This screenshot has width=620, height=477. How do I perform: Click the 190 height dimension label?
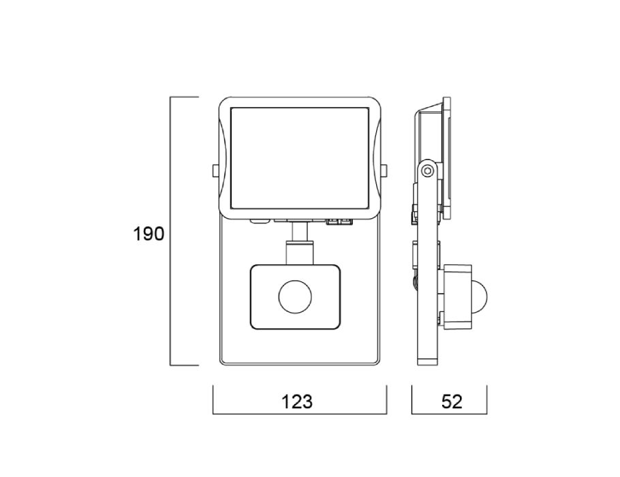(x=149, y=234)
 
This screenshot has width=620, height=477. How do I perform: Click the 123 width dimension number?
(x=296, y=401)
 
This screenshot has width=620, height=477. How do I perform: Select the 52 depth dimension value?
(x=451, y=401)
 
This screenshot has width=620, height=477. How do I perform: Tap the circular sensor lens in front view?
(x=295, y=296)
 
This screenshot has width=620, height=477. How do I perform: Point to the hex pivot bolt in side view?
(x=427, y=171)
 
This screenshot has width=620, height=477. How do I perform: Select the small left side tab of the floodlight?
(x=215, y=170)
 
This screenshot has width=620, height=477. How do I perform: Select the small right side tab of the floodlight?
(x=384, y=170)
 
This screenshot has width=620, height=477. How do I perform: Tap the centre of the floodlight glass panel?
(x=299, y=158)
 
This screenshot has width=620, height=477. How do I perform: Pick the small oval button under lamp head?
(x=260, y=222)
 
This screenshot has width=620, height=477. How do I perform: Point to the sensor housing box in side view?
(x=457, y=296)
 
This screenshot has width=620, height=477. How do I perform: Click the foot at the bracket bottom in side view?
(x=428, y=362)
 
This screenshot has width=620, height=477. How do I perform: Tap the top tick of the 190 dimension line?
(x=184, y=97)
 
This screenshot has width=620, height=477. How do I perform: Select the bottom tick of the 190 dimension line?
(x=184, y=365)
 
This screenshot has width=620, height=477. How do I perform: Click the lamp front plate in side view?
(x=447, y=158)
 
